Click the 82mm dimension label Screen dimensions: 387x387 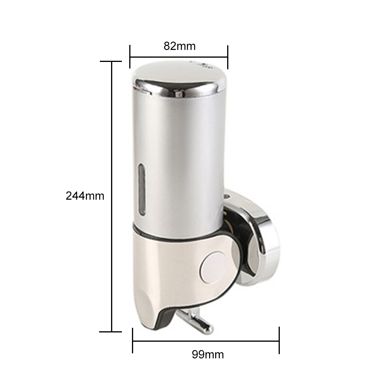click(180, 46)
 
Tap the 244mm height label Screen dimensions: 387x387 click(85, 196)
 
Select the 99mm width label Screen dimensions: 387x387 click(208, 354)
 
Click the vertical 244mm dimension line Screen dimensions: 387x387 click(112, 155)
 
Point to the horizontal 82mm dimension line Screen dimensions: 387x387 click(178, 57)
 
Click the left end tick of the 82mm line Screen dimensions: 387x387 click(130, 57)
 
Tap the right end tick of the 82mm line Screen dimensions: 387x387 click(228, 57)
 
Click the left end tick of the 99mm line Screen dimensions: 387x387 click(133, 341)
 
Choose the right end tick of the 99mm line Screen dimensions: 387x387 click(279, 341)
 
